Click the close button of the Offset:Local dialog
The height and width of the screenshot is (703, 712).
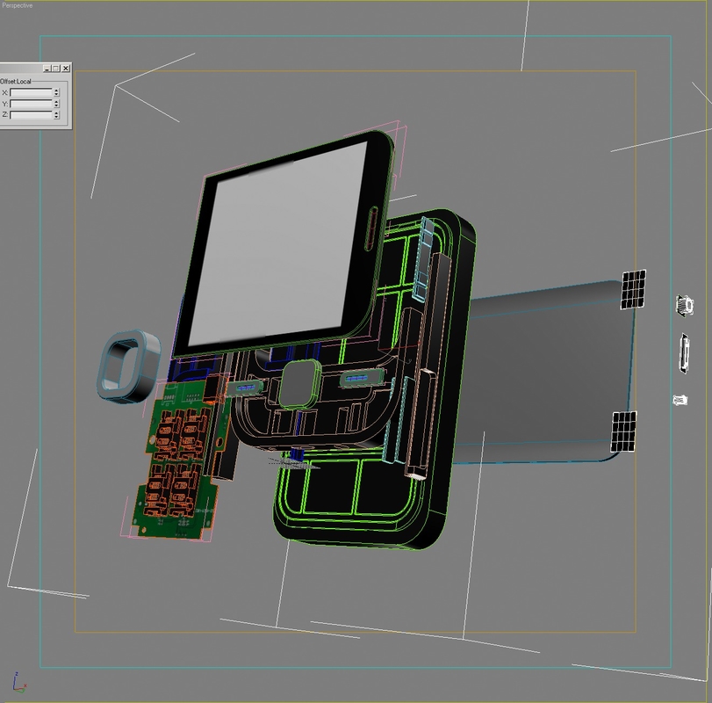(66, 69)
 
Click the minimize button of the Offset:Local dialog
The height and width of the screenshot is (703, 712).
(47, 69)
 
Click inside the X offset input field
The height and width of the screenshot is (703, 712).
(31, 92)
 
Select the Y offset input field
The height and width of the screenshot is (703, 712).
(31, 104)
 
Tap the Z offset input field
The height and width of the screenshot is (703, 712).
(31, 115)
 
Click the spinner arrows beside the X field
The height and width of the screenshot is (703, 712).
(56, 92)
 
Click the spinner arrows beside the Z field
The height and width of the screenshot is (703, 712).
(56, 115)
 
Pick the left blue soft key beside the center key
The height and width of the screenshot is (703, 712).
(245, 387)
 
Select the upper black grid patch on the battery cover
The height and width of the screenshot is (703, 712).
(634, 289)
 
